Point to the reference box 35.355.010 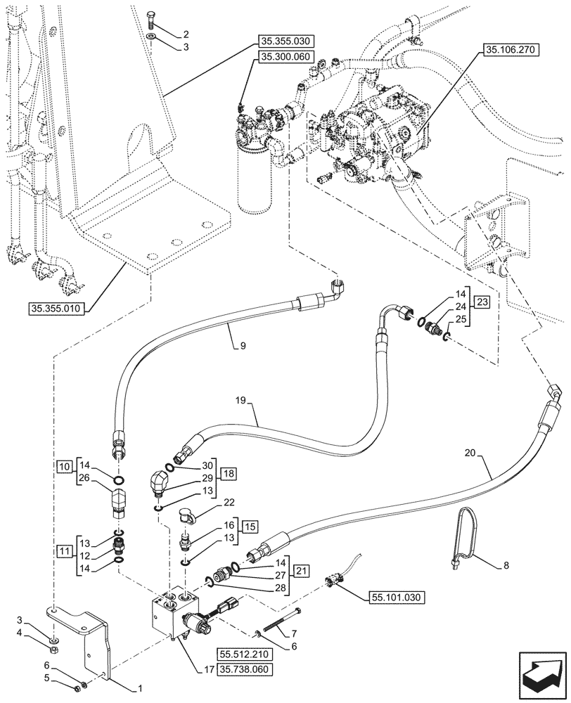pyautogui.click(x=58, y=309)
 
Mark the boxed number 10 pyautogui.click(x=64, y=466)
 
